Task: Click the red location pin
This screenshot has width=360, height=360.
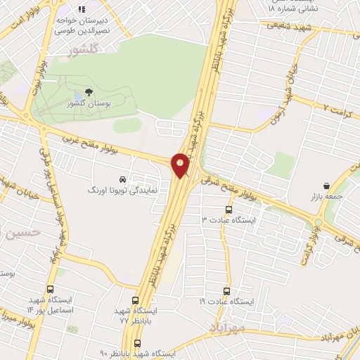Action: coord(181,165)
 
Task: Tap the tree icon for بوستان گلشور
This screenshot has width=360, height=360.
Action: coord(89,92)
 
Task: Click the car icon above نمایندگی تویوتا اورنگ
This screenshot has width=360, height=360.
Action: coord(124,179)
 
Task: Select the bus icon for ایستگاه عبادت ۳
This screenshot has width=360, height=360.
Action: coord(229,210)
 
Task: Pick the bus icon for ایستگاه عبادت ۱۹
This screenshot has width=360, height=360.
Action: coord(226,290)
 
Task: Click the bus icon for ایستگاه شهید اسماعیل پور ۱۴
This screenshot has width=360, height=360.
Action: coord(50,289)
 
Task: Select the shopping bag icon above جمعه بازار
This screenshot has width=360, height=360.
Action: coord(326,187)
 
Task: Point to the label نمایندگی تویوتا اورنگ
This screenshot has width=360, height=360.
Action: coord(117,190)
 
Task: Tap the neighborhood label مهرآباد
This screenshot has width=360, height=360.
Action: coord(226,328)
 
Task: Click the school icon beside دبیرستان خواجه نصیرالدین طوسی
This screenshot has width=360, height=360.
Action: coord(82,10)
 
